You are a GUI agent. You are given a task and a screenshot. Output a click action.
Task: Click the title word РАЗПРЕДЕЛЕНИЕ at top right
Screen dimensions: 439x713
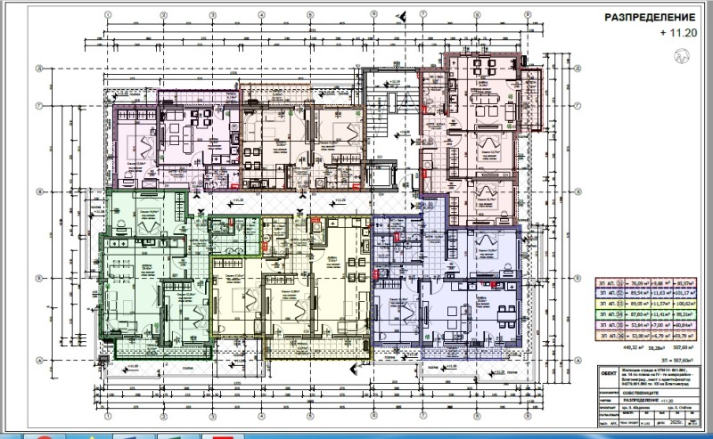point(637,17)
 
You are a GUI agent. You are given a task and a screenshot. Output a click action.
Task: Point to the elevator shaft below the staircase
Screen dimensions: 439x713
point(389,173)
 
